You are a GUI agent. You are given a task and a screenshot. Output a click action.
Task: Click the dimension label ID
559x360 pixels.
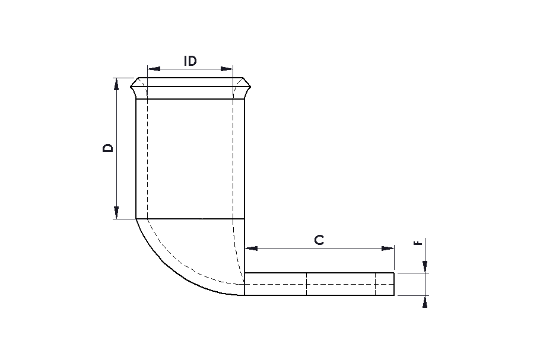[x=190, y=61]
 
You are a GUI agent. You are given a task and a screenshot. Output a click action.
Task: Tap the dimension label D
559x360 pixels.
[x=107, y=148]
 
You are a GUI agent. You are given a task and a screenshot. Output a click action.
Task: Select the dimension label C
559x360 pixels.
[x=319, y=240]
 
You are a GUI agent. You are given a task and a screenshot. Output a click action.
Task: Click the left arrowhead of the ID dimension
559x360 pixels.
[x=154, y=69]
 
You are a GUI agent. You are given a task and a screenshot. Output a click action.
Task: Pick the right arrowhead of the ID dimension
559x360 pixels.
[x=226, y=69]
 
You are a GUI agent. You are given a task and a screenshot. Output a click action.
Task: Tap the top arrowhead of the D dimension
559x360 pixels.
[x=116, y=84]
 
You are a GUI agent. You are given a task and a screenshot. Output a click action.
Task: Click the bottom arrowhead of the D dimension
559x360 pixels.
[x=116, y=212]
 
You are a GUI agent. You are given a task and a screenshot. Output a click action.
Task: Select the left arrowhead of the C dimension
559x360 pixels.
[x=252, y=248]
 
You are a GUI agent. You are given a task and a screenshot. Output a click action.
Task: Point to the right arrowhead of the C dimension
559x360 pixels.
[x=388, y=248]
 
